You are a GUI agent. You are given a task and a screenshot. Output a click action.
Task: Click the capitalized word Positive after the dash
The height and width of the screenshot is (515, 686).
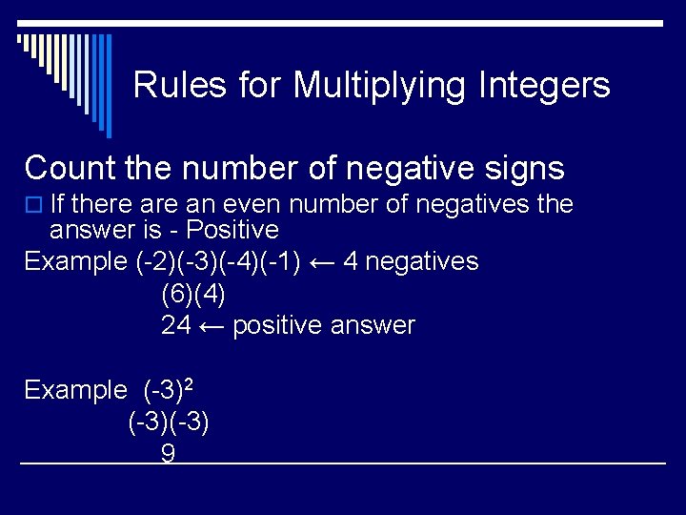coord(232,230)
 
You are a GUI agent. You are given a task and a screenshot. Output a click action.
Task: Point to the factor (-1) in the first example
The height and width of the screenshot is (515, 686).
coord(282,261)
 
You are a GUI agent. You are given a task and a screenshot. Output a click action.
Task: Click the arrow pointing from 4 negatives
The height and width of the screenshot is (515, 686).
coord(326,261)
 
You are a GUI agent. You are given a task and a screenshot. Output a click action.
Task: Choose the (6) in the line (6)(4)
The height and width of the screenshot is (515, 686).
coord(177,294)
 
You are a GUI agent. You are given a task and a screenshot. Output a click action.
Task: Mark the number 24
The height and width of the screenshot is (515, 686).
coord(175,325)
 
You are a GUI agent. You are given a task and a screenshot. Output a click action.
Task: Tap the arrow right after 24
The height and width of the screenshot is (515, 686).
coord(212,325)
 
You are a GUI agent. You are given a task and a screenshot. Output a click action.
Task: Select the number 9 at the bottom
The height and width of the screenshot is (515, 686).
coord(168,454)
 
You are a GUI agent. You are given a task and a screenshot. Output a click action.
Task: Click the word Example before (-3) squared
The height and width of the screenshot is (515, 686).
coord(75,390)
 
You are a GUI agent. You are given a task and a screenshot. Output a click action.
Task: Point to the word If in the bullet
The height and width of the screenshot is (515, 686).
coord(57,204)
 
